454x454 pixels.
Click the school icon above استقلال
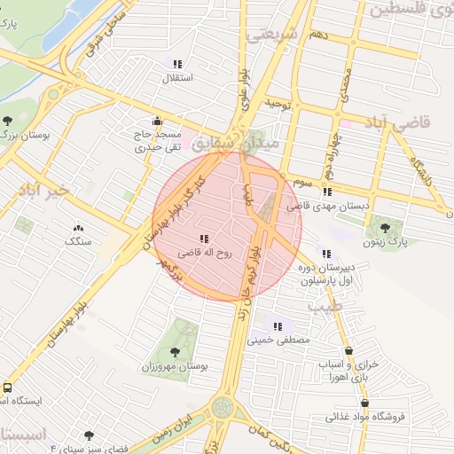point(178,64)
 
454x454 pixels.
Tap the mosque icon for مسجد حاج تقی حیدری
point(158,121)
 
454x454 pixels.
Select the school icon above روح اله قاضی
point(205,239)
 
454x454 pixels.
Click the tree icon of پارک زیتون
point(384,228)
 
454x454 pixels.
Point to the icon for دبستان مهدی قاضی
point(327,192)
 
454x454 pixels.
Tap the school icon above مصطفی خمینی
point(280,325)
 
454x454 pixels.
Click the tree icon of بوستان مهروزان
point(173,352)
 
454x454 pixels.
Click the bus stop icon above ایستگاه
point(7,388)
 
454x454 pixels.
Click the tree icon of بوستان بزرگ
point(8,121)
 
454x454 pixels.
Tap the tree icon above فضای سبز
point(90,435)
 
